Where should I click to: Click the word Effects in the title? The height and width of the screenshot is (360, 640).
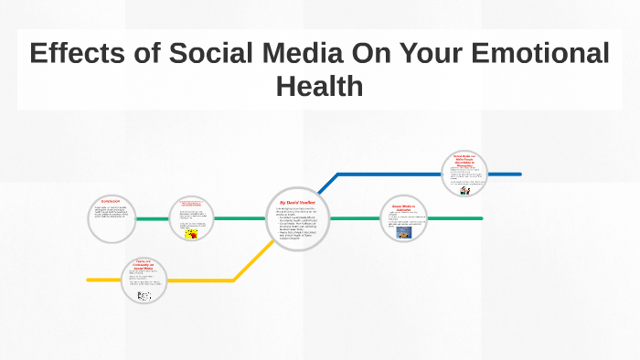pyautogui.click(x=78, y=54)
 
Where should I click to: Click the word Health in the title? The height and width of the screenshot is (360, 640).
pyautogui.click(x=319, y=87)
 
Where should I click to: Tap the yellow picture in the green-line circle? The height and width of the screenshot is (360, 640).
pyautogui.click(x=191, y=234)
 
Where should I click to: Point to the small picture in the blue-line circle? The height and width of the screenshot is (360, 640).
pyautogui.click(x=464, y=191)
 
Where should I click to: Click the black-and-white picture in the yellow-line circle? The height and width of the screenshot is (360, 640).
pyautogui.click(x=143, y=296)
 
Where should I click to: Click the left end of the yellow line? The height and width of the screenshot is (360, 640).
pyautogui.click(x=89, y=280)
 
